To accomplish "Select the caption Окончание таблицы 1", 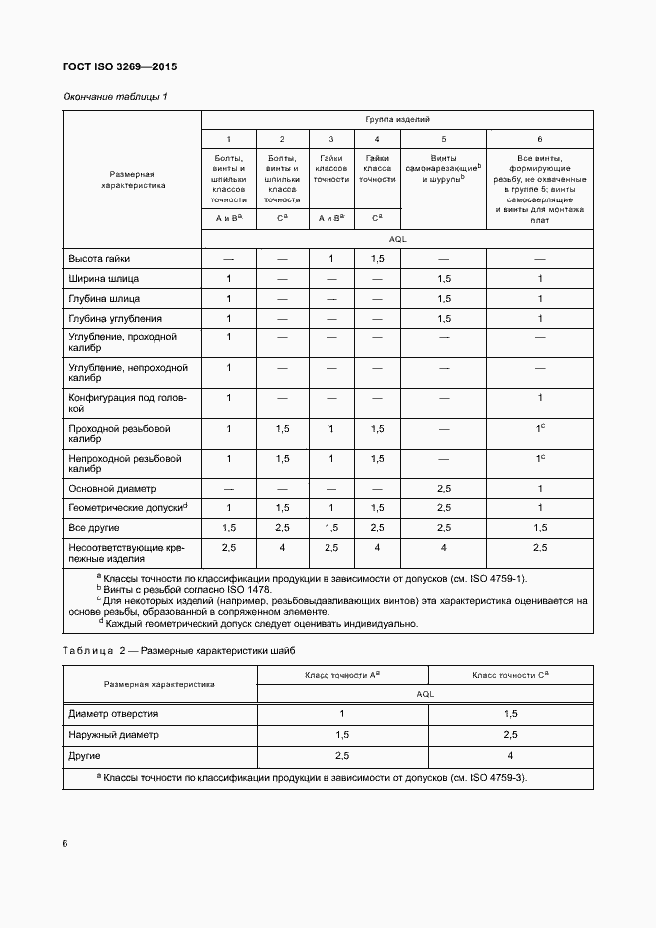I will [x=115, y=96].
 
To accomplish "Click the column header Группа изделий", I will [x=398, y=119].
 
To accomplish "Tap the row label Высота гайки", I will [x=99, y=258].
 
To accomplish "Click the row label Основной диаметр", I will [x=112, y=489].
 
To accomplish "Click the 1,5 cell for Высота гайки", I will [x=377, y=258].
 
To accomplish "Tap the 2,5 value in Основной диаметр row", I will [x=444, y=489].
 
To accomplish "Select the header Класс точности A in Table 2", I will [x=343, y=675].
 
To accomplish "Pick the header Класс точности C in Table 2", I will [x=510, y=675].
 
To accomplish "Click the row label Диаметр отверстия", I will [x=113, y=714].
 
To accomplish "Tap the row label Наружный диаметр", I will [x=113, y=735].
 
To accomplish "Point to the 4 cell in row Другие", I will [x=510, y=756].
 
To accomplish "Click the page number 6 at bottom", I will [x=65, y=843].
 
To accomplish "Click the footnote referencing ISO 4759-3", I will [x=312, y=777].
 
